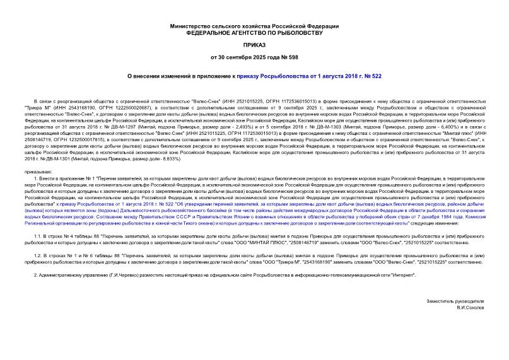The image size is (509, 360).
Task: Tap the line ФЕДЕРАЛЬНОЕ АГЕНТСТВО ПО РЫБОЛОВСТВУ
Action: (254, 32)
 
